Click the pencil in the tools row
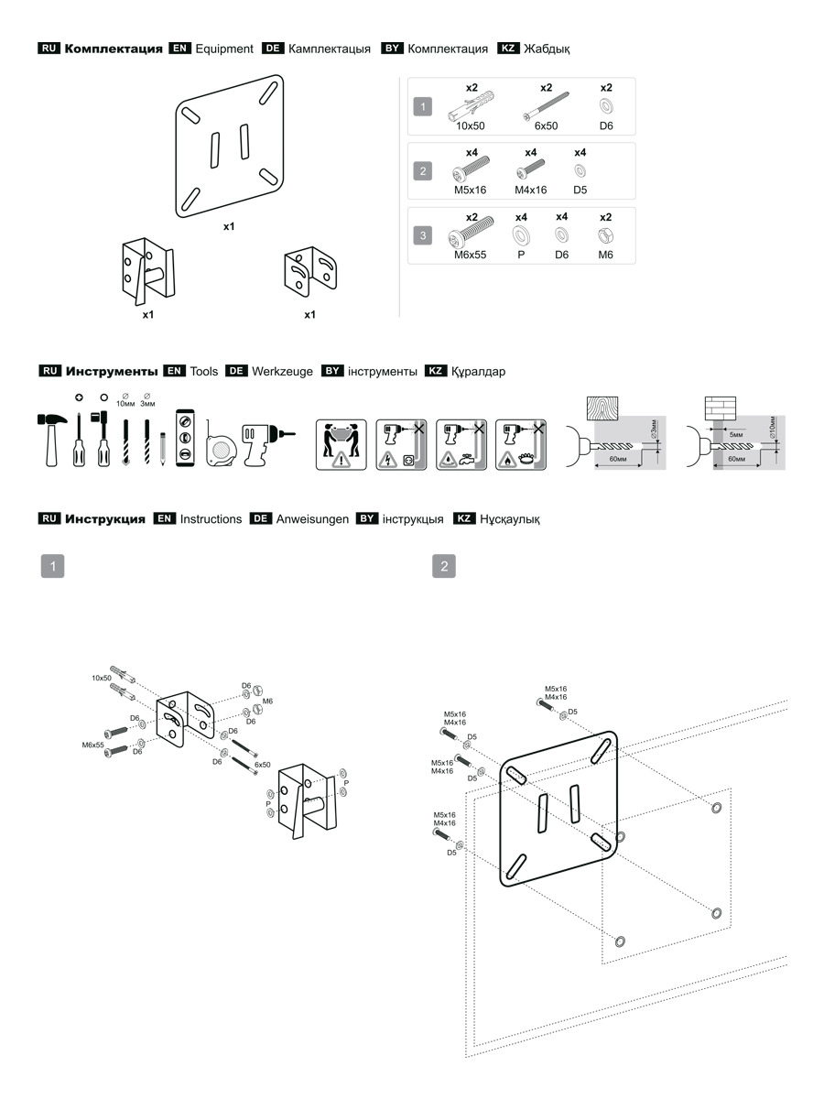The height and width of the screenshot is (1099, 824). (162, 448)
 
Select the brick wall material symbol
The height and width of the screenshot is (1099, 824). (720, 408)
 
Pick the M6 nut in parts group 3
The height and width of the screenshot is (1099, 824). (605, 234)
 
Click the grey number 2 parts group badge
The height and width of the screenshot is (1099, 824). (421, 171)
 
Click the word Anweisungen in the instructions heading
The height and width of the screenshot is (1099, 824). (312, 519)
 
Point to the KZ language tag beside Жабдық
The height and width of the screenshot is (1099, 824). (508, 49)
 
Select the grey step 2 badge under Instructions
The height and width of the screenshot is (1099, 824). (444, 566)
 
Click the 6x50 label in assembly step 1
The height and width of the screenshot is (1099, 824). (262, 764)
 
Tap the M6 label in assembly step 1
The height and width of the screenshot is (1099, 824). (268, 701)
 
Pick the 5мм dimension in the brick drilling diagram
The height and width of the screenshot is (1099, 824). (735, 434)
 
